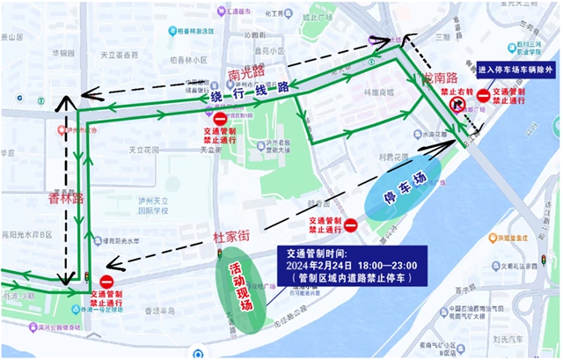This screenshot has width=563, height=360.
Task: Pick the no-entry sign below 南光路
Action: tap(220, 119)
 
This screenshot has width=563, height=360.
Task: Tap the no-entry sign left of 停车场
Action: tap(350, 226)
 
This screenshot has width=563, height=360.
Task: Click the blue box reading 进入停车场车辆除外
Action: tap(514, 69)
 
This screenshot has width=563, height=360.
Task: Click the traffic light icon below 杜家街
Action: tap(221, 254)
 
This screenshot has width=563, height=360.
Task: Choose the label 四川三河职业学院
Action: tap(533, 33)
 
